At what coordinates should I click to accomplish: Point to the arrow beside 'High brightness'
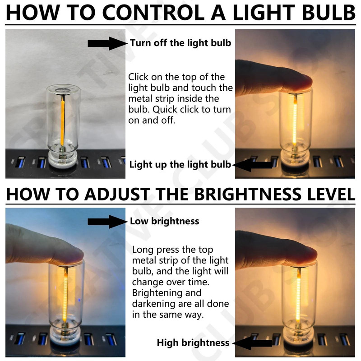click(x=251, y=343)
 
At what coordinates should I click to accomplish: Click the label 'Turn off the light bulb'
click(x=180, y=43)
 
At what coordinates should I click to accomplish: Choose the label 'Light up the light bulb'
click(x=180, y=164)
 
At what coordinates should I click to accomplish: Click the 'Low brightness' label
click(x=164, y=221)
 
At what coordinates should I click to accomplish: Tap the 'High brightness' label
click(x=193, y=343)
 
